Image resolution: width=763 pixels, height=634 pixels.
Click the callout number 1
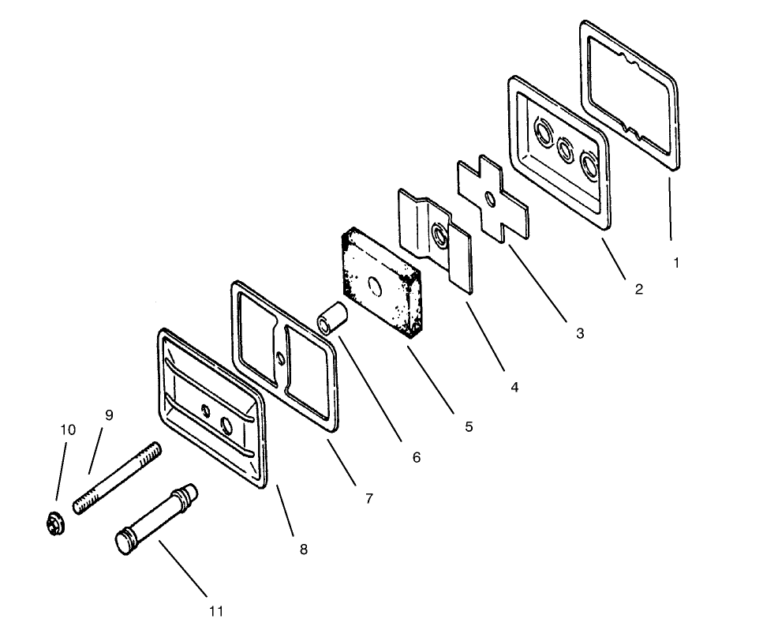(x=676, y=263)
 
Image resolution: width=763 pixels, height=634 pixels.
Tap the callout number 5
(x=469, y=426)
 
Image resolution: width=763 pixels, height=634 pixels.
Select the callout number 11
(x=216, y=611)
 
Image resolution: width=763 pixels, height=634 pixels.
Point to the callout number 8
(x=304, y=550)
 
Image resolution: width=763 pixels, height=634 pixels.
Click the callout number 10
(x=68, y=430)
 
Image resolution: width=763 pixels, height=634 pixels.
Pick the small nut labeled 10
(x=54, y=523)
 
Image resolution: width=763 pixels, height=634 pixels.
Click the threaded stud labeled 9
(x=118, y=477)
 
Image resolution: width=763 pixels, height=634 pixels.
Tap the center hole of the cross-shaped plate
(x=491, y=199)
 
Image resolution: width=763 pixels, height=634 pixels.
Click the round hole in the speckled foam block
(x=375, y=286)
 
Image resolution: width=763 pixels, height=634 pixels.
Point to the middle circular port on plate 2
(x=565, y=149)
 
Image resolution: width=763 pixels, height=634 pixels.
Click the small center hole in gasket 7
(x=280, y=359)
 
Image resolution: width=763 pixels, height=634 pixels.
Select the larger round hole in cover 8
(x=227, y=425)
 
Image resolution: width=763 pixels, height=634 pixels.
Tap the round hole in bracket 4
(x=439, y=234)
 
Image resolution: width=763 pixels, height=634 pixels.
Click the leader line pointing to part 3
(x=537, y=283)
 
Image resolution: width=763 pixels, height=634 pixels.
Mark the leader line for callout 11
(x=183, y=568)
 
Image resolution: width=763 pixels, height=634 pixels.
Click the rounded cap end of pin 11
(x=124, y=542)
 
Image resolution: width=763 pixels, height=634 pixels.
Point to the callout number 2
(x=639, y=289)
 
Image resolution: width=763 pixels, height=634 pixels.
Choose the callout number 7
(x=368, y=499)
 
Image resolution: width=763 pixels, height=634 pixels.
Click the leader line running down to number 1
(x=670, y=209)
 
